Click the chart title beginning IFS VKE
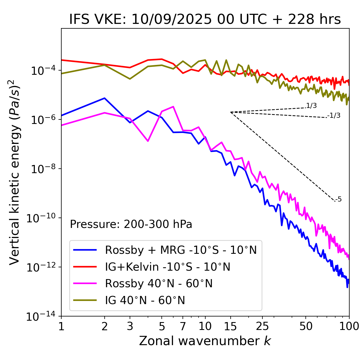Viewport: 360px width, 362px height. [x=205, y=19]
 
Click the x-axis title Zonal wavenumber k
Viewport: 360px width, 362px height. [x=205, y=341]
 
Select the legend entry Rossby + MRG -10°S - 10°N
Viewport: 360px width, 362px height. [x=181, y=250]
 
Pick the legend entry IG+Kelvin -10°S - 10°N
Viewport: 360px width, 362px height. [x=168, y=267]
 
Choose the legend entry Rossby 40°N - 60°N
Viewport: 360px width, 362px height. [x=159, y=284]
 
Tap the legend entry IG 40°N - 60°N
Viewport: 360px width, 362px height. [x=145, y=300]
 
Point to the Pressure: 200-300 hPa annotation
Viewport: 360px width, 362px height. [x=131, y=224]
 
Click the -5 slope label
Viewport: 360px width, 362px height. [x=339, y=199]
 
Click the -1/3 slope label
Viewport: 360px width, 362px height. [x=334, y=115]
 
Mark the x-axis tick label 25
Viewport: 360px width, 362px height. [x=262, y=326]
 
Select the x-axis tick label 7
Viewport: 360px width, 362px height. [x=183, y=326]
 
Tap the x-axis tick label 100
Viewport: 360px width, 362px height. [x=349, y=326]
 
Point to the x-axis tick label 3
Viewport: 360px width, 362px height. [x=130, y=326]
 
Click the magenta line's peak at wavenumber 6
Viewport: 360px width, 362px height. [x=173, y=107]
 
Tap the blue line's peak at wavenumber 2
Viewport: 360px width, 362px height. [x=105, y=98]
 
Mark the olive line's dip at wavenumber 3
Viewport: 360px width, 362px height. [x=130, y=79]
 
